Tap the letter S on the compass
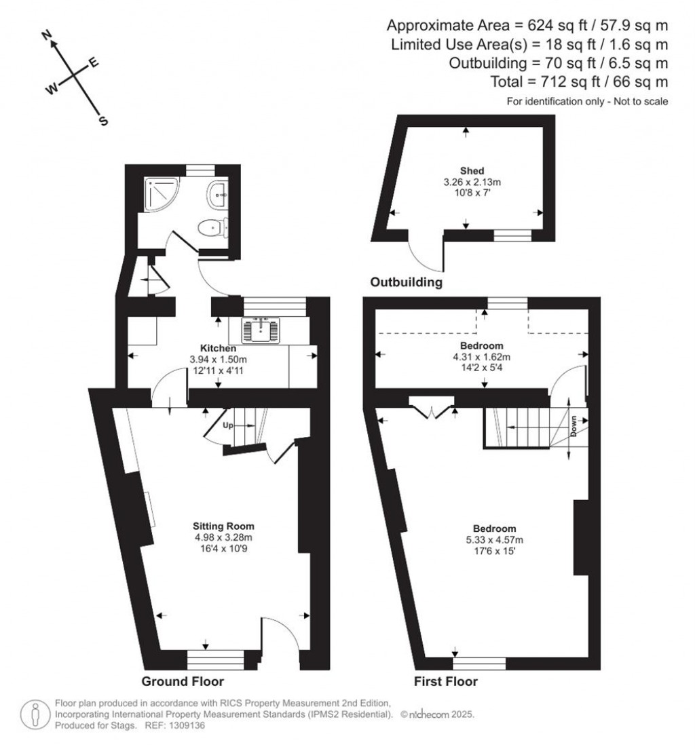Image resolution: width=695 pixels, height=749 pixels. pyautogui.click(x=103, y=121)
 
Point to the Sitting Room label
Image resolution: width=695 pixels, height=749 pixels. pyautogui.click(x=223, y=526)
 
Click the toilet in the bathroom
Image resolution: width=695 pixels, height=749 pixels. pyautogui.click(x=211, y=229)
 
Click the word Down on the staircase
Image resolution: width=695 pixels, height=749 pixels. pyautogui.click(x=574, y=426)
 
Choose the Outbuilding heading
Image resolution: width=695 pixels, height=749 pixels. pyautogui.click(x=407, y=282)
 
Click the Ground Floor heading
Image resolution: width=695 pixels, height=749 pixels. pyautogui.click(x=183, y=681)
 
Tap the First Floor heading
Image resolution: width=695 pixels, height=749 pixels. pyautogui.click(x=446, y=681)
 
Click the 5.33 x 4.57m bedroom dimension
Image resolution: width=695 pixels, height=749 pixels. pyautogui.click(x=494, y=540)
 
